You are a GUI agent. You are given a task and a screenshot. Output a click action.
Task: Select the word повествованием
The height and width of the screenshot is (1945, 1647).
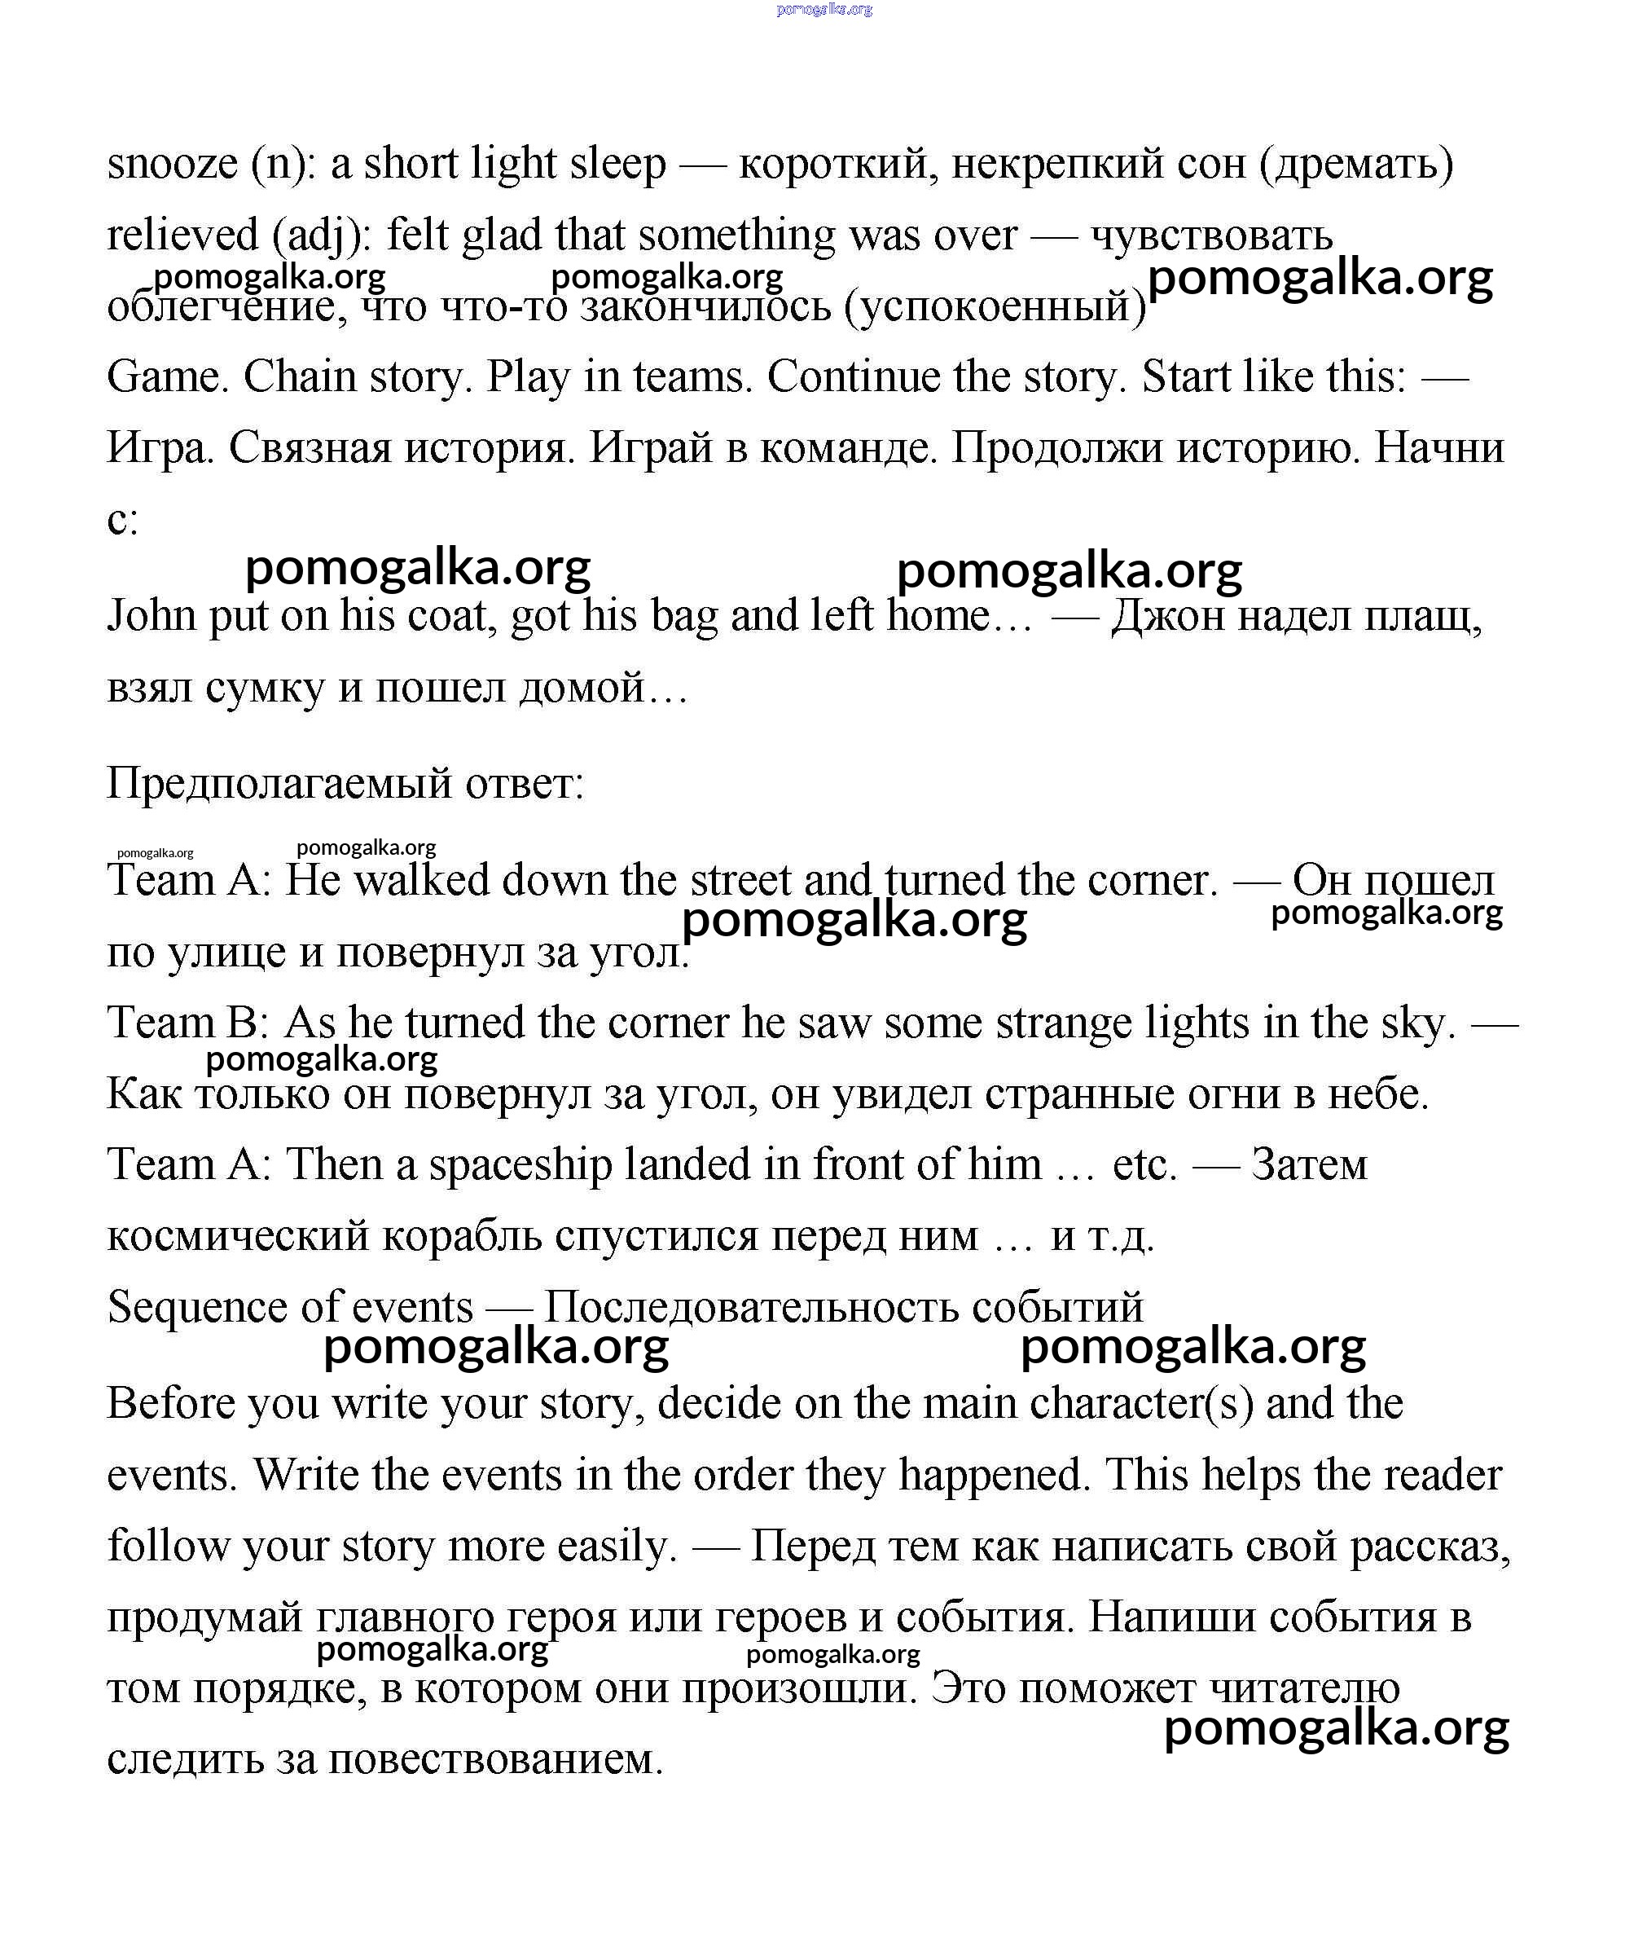click(x=496, y=1760)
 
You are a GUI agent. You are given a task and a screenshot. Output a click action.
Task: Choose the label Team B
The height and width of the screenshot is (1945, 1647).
click(x=187, y=1023)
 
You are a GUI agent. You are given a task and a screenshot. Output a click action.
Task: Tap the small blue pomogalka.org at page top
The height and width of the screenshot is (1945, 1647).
click(x=823, y=9)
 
